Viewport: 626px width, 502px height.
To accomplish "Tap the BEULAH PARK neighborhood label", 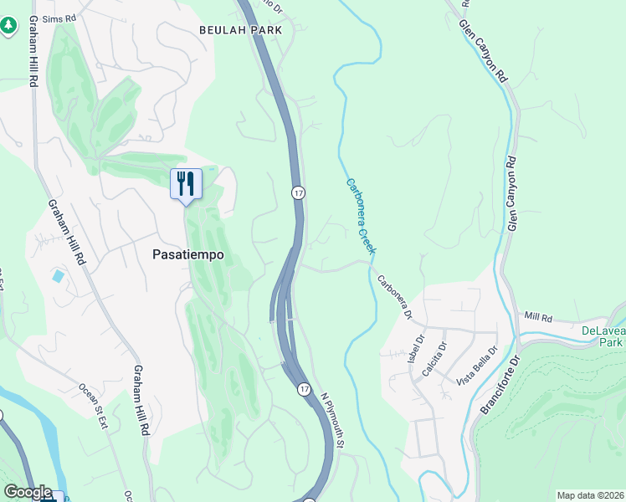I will point(240,29).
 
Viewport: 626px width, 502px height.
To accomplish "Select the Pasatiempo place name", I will point(188,255).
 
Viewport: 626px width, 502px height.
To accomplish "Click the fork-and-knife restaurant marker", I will point(186,183).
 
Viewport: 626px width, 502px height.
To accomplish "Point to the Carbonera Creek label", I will point(361,216).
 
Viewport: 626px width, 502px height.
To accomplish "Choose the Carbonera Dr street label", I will point(393,297).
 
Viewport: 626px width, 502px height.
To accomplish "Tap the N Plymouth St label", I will point(331,423).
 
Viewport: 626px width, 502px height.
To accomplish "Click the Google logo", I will point(28,492).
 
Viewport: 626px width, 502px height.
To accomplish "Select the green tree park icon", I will point(8,26).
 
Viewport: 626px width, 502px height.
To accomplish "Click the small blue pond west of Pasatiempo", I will point(57,275).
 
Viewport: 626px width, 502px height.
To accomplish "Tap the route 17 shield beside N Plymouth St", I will point(305,388).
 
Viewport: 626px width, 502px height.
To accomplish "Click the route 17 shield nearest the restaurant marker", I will point(298,192).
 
